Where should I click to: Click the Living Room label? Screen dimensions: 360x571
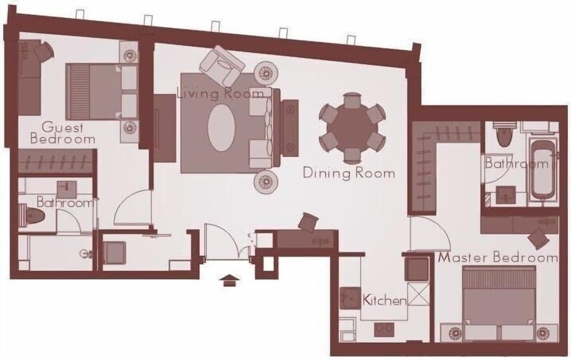[220, 93]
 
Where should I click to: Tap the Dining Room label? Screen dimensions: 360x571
[348, 172]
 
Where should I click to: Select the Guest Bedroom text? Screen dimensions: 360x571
[62, 133]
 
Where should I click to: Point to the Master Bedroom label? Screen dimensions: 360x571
[497, 258]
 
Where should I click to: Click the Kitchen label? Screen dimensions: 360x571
[385, 300]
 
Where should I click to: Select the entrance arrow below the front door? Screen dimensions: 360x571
[230, 280]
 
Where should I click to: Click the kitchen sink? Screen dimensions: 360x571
[348, 298]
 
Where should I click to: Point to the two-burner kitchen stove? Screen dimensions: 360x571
[384, 330]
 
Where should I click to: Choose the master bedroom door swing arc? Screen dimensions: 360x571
[424, 234]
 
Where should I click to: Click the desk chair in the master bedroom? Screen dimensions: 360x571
[538, 237]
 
